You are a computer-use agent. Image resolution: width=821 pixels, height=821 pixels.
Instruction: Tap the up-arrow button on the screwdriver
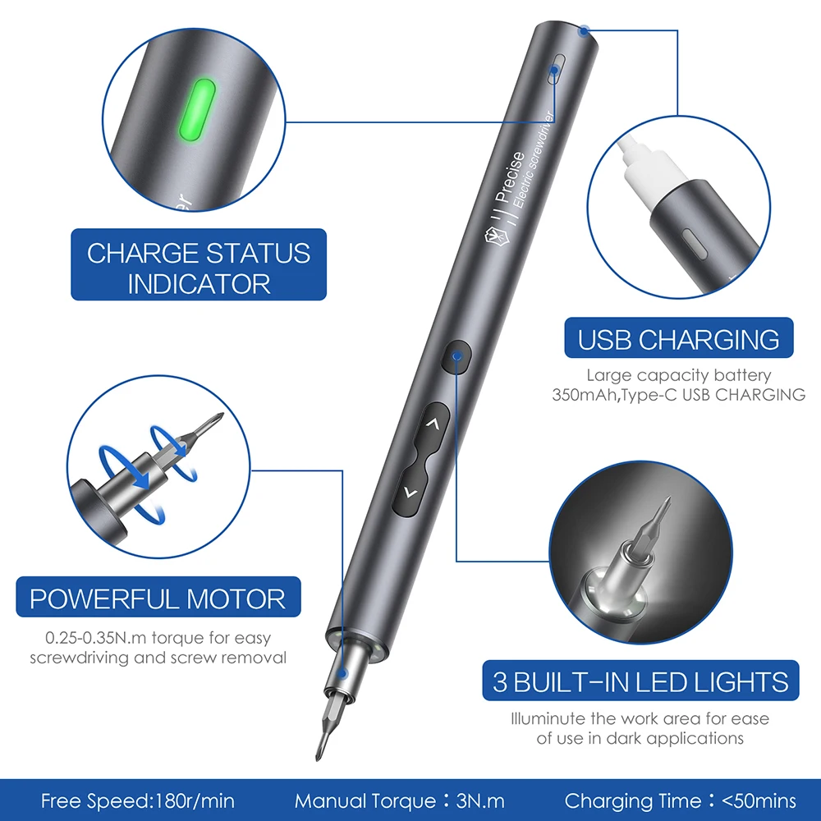(x=433, y=424)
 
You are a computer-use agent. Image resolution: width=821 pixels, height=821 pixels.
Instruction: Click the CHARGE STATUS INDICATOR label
(x=199, y=268)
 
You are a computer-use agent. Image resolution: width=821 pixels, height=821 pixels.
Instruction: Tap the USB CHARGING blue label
(x=678, y=339)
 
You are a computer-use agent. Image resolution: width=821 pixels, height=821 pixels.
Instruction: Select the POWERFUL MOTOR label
(x=158, y=599)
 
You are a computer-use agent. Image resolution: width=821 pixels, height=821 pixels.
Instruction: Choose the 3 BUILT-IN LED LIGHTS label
(x=640, y=681)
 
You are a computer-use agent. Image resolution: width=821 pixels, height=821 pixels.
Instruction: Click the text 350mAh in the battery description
(x=585, y=395)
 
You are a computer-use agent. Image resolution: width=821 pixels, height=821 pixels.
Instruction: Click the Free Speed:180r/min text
(x=137, y=800)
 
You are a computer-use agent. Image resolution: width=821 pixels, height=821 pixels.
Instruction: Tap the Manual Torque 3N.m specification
(x=400, y=800)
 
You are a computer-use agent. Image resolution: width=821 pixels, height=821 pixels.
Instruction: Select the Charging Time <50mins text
(x=680, y=800)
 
